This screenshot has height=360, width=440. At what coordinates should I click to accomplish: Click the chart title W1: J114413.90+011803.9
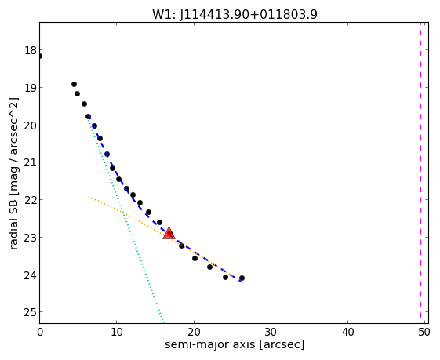tap(235, 14)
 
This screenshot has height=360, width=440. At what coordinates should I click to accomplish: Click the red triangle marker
tap(169, 234)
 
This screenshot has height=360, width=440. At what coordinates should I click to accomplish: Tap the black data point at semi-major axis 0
tap(39, 56)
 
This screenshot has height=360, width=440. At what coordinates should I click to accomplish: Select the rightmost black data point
tap(242, 278)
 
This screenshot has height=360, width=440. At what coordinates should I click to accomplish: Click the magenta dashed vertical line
tap(420, 170)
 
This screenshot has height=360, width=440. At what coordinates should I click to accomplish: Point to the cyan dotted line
tap(125, 220)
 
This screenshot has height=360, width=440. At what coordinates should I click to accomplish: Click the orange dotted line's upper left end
tap(89, 197)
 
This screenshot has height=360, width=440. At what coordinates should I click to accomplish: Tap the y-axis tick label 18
tap(31, 50)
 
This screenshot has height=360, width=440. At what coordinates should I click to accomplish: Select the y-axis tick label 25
tap(31, 312)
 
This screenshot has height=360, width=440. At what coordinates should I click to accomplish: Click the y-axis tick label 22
tap(31, 200)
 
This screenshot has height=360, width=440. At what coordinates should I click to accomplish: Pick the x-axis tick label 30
tap(271, 332)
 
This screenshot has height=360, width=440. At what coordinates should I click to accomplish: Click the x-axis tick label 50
tap(424, 332)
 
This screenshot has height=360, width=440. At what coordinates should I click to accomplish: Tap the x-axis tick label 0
tap(40, 332)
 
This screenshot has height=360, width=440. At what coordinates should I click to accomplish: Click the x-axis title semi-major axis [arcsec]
tap(235, 344)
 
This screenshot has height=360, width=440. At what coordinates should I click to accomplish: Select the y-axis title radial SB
tap(14, 223)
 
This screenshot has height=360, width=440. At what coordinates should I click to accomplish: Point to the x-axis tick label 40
tap(347, 332)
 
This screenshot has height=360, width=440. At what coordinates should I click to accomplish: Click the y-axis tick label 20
tap(31, 125)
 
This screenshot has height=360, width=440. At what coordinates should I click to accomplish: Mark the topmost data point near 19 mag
tap(74, 84)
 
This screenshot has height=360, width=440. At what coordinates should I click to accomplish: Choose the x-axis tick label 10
tap(116, 332)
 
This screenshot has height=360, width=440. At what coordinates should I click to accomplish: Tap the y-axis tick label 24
tap(31, 275)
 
